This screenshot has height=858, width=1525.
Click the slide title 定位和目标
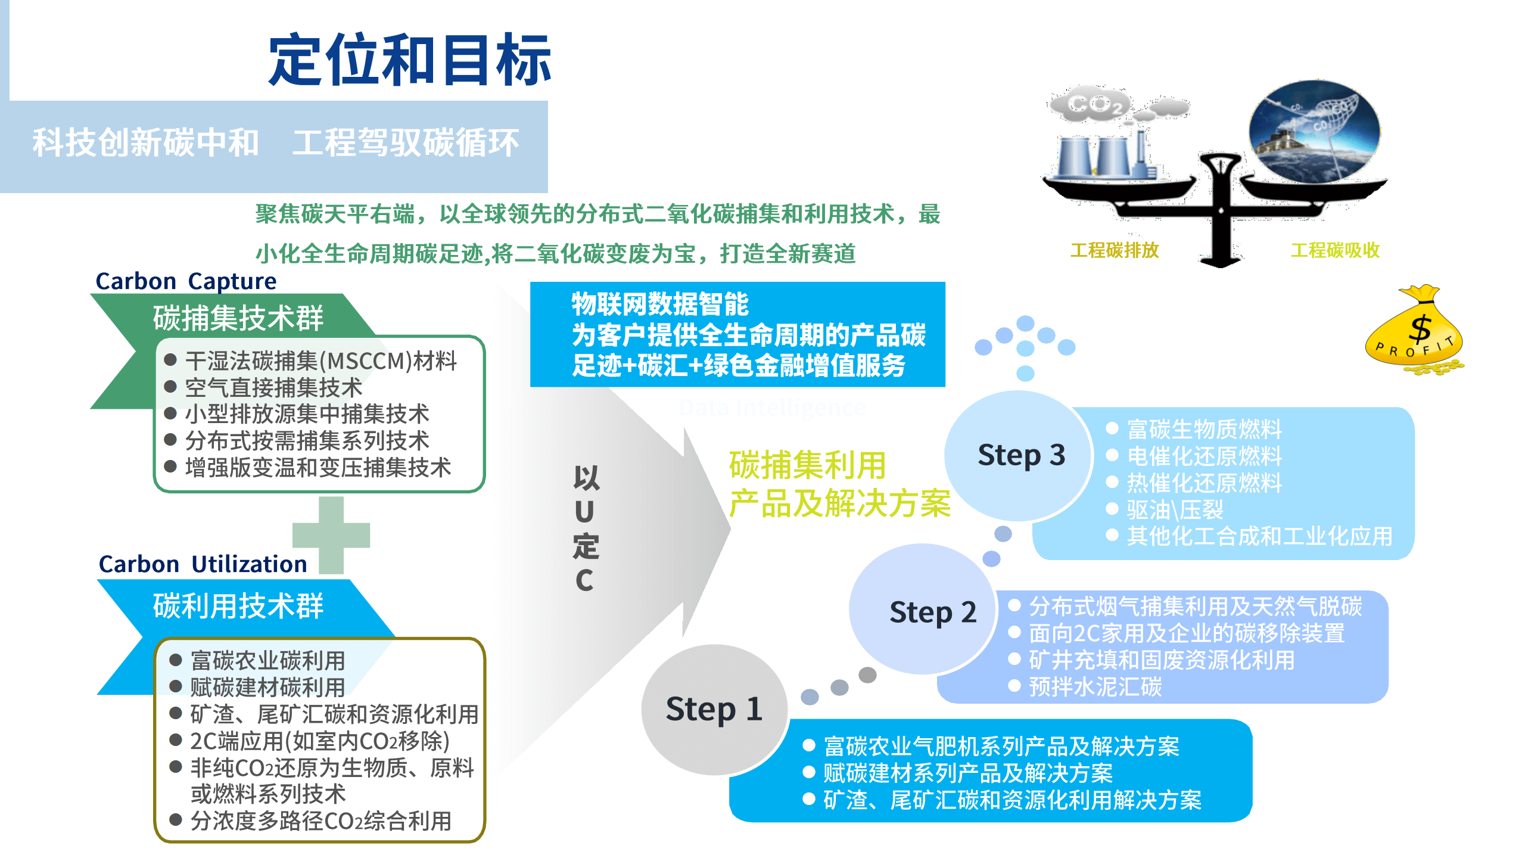(x=409, y=60)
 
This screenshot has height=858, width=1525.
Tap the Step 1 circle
(x=714, y=709)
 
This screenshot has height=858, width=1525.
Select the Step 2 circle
(x=922, y=610)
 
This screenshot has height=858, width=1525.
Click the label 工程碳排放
(x=1114, y=250)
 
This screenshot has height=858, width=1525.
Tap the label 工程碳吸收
(x=1335, y=250)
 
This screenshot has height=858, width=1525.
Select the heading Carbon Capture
(x=186, y=281)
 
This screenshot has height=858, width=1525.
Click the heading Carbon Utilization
(x=203, y=564)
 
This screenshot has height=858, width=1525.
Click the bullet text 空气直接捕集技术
(x=273, y=388)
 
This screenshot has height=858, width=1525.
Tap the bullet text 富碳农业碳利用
(x=267, y=660)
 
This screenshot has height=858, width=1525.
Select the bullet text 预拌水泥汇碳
(x=1095, y=686)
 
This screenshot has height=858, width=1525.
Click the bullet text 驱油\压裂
(x=1174, y=509)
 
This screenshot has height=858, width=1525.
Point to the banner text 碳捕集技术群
(x=238, y=318)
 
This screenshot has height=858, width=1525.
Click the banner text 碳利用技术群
(x=238, y=606)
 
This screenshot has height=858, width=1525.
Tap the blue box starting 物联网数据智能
(x=737, y=334)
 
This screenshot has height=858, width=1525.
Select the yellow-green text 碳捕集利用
(x=807, y=465)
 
